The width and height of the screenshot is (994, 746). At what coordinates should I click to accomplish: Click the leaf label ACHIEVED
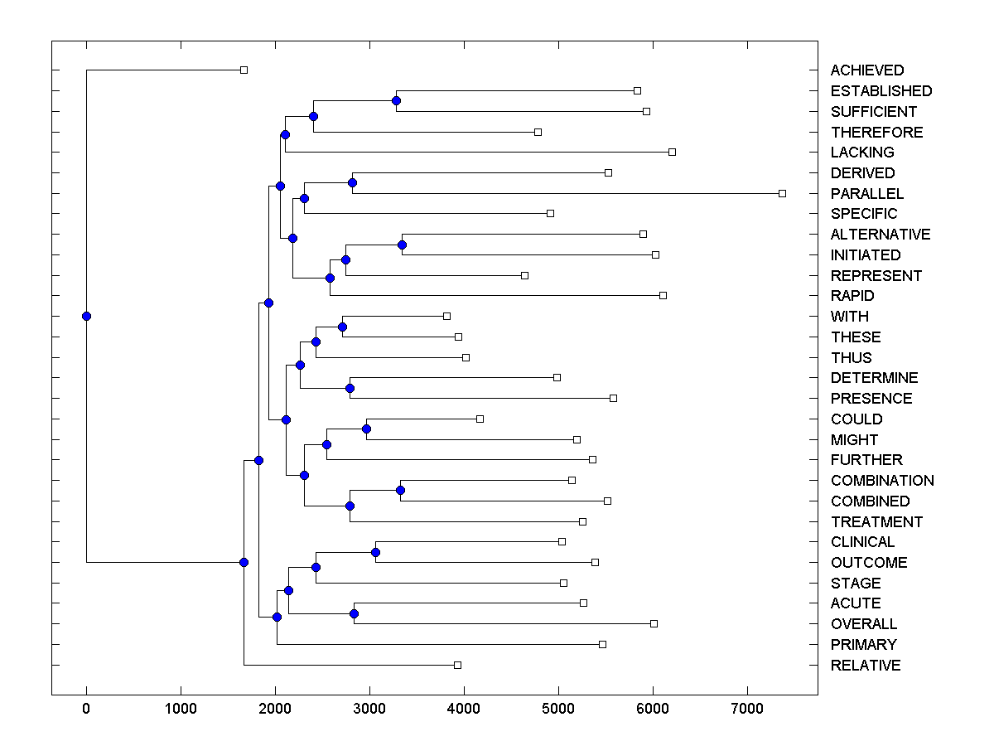pos(866,70)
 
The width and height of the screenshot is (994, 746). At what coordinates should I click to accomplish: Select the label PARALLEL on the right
pos(866,194)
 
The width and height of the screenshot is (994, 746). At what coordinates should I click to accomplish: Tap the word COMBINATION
pos(881,481)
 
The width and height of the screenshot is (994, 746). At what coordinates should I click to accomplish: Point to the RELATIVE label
pos(865,666)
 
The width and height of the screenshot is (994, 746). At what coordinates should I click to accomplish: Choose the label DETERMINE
pos(874,378)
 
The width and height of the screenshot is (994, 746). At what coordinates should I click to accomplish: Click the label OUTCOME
pos(868,563)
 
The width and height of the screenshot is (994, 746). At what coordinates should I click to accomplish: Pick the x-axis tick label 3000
pos(369,708)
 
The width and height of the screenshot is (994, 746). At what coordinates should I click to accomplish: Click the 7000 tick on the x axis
pos(747,708)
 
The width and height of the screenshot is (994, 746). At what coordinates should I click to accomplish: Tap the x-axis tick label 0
pos(86,708)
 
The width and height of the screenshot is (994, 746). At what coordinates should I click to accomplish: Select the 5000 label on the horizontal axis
pos(558,708)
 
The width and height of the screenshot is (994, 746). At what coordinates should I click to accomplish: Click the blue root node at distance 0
pos(86,316)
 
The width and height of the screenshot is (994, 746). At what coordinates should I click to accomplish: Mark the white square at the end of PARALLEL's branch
pos(782,193)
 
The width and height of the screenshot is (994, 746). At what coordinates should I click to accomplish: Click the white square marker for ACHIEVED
pos(244,70)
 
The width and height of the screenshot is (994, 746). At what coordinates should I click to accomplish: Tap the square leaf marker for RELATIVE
pos(457,665)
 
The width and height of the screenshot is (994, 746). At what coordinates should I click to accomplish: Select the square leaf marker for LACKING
pos(672,152)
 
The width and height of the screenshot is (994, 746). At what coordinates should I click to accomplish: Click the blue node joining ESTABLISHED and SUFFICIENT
pos(396,100)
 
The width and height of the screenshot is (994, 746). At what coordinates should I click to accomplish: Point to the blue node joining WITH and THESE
pos(342,327)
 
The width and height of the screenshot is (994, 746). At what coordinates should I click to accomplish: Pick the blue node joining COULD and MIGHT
pos(366,429)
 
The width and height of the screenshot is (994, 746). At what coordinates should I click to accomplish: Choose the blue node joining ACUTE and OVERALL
pos(354,613)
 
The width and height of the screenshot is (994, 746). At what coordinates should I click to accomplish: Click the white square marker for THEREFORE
pos(538,132)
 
